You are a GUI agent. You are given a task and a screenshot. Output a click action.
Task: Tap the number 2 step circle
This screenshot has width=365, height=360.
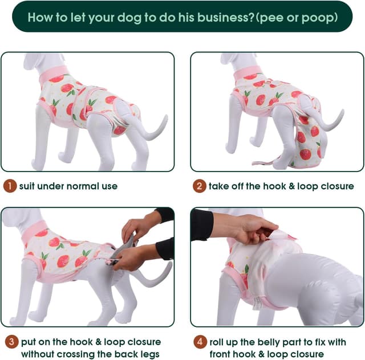[x=199, y=186]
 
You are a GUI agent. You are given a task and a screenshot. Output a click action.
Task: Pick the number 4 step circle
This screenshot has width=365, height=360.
[x=199, y=342]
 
